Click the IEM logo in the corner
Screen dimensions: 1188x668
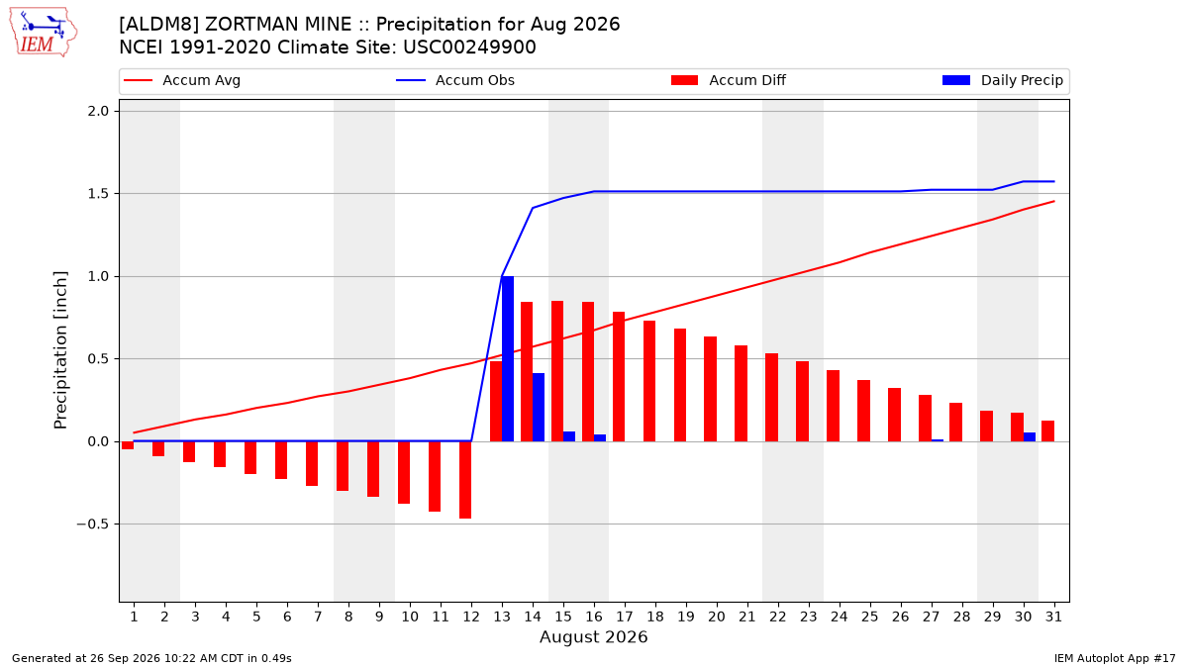pos(43,33)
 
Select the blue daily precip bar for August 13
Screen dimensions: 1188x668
pos(508,359)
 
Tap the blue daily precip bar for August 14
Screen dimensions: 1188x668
pos(539,407)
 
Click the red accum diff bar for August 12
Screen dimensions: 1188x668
pos(465,480)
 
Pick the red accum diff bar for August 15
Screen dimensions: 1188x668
pos(557,371)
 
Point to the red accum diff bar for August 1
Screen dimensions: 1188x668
pos(128,445)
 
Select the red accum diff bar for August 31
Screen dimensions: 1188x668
pos(1048,431)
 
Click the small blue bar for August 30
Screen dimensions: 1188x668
pos(1030,436)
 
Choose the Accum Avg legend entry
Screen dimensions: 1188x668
pos(182,80)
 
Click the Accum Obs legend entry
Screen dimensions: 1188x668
pos(455,80)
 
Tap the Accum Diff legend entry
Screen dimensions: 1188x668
pos(729,80)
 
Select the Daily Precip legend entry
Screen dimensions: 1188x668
pos(1002,80)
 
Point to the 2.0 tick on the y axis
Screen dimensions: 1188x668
pos(98,111)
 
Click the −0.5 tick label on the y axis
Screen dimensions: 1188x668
pos(93,525)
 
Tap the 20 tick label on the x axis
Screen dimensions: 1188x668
pos(717,618)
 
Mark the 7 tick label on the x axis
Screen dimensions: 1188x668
pos(318,618)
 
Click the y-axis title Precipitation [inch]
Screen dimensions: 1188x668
pos(60,350)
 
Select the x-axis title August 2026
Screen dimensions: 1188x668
pos(593,636)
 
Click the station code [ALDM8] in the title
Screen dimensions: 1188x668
pos(158,25)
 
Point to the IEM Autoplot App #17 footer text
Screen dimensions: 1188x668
pos(1115,658)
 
